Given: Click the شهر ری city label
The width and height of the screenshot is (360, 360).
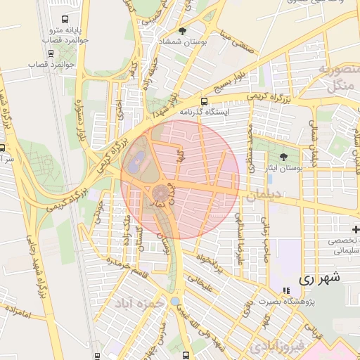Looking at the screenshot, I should [x=319, y=278].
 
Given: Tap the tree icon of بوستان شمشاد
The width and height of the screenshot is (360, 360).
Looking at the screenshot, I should [x=184, y=31].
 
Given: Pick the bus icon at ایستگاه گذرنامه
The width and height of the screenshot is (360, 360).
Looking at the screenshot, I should [x=204, y=101].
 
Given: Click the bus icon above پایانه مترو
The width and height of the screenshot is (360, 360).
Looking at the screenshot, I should [x=65, y=20].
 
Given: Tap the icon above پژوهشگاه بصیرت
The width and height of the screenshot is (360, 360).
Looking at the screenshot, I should [x=285, y=290].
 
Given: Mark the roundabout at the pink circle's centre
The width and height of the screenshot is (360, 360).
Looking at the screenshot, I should [x=160, y=191].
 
